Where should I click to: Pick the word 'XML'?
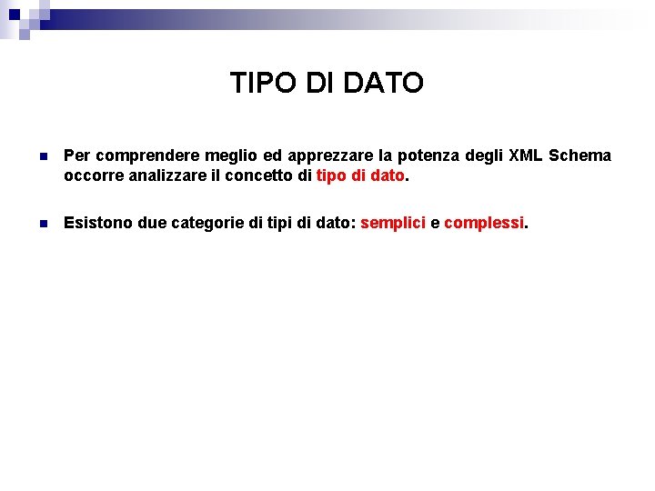click(x=524, y=155)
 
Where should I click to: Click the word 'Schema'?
click(x=580, y=155)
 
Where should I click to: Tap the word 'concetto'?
click(x=259, y=175)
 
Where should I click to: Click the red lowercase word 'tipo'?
click(x=332, y=175)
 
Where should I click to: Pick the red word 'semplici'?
click(x=393, y=222)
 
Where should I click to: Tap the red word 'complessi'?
click(x=484, y=222)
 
